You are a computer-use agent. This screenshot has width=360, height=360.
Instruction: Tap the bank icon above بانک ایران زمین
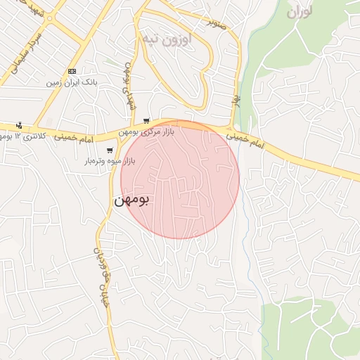tap(72, 72)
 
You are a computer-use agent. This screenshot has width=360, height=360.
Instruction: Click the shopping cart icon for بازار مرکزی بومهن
tap(146, 121)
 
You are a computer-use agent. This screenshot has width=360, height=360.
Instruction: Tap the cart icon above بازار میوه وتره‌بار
tap(109, 150)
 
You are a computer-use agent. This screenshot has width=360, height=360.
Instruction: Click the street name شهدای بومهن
tap(129, 85)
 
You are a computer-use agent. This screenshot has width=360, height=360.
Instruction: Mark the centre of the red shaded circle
tap(180, 179)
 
